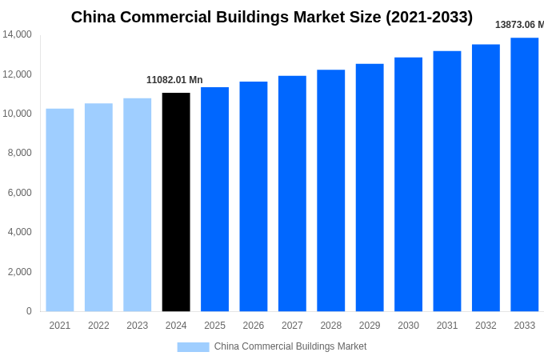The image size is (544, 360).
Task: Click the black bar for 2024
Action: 176,202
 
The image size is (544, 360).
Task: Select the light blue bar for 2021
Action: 60,210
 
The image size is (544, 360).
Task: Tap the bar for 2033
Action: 524,174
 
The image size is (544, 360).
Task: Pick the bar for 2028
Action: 330,190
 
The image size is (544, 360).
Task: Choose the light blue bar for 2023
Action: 137,205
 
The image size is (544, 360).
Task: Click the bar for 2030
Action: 408,184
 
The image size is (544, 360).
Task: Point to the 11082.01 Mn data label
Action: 174,80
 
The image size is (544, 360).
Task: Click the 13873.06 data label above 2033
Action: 518,25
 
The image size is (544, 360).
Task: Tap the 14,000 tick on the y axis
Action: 17,34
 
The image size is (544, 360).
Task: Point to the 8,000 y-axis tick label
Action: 19,153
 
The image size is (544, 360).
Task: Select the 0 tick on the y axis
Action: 29,311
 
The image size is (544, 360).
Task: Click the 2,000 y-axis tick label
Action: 19,272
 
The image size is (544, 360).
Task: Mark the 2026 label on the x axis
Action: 253,326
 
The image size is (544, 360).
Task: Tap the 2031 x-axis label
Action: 446,326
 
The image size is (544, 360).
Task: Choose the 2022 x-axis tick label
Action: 98,326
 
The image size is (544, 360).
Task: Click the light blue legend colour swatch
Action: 193,347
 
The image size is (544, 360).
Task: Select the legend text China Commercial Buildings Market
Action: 290,346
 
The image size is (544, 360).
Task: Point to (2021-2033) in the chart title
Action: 429,17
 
